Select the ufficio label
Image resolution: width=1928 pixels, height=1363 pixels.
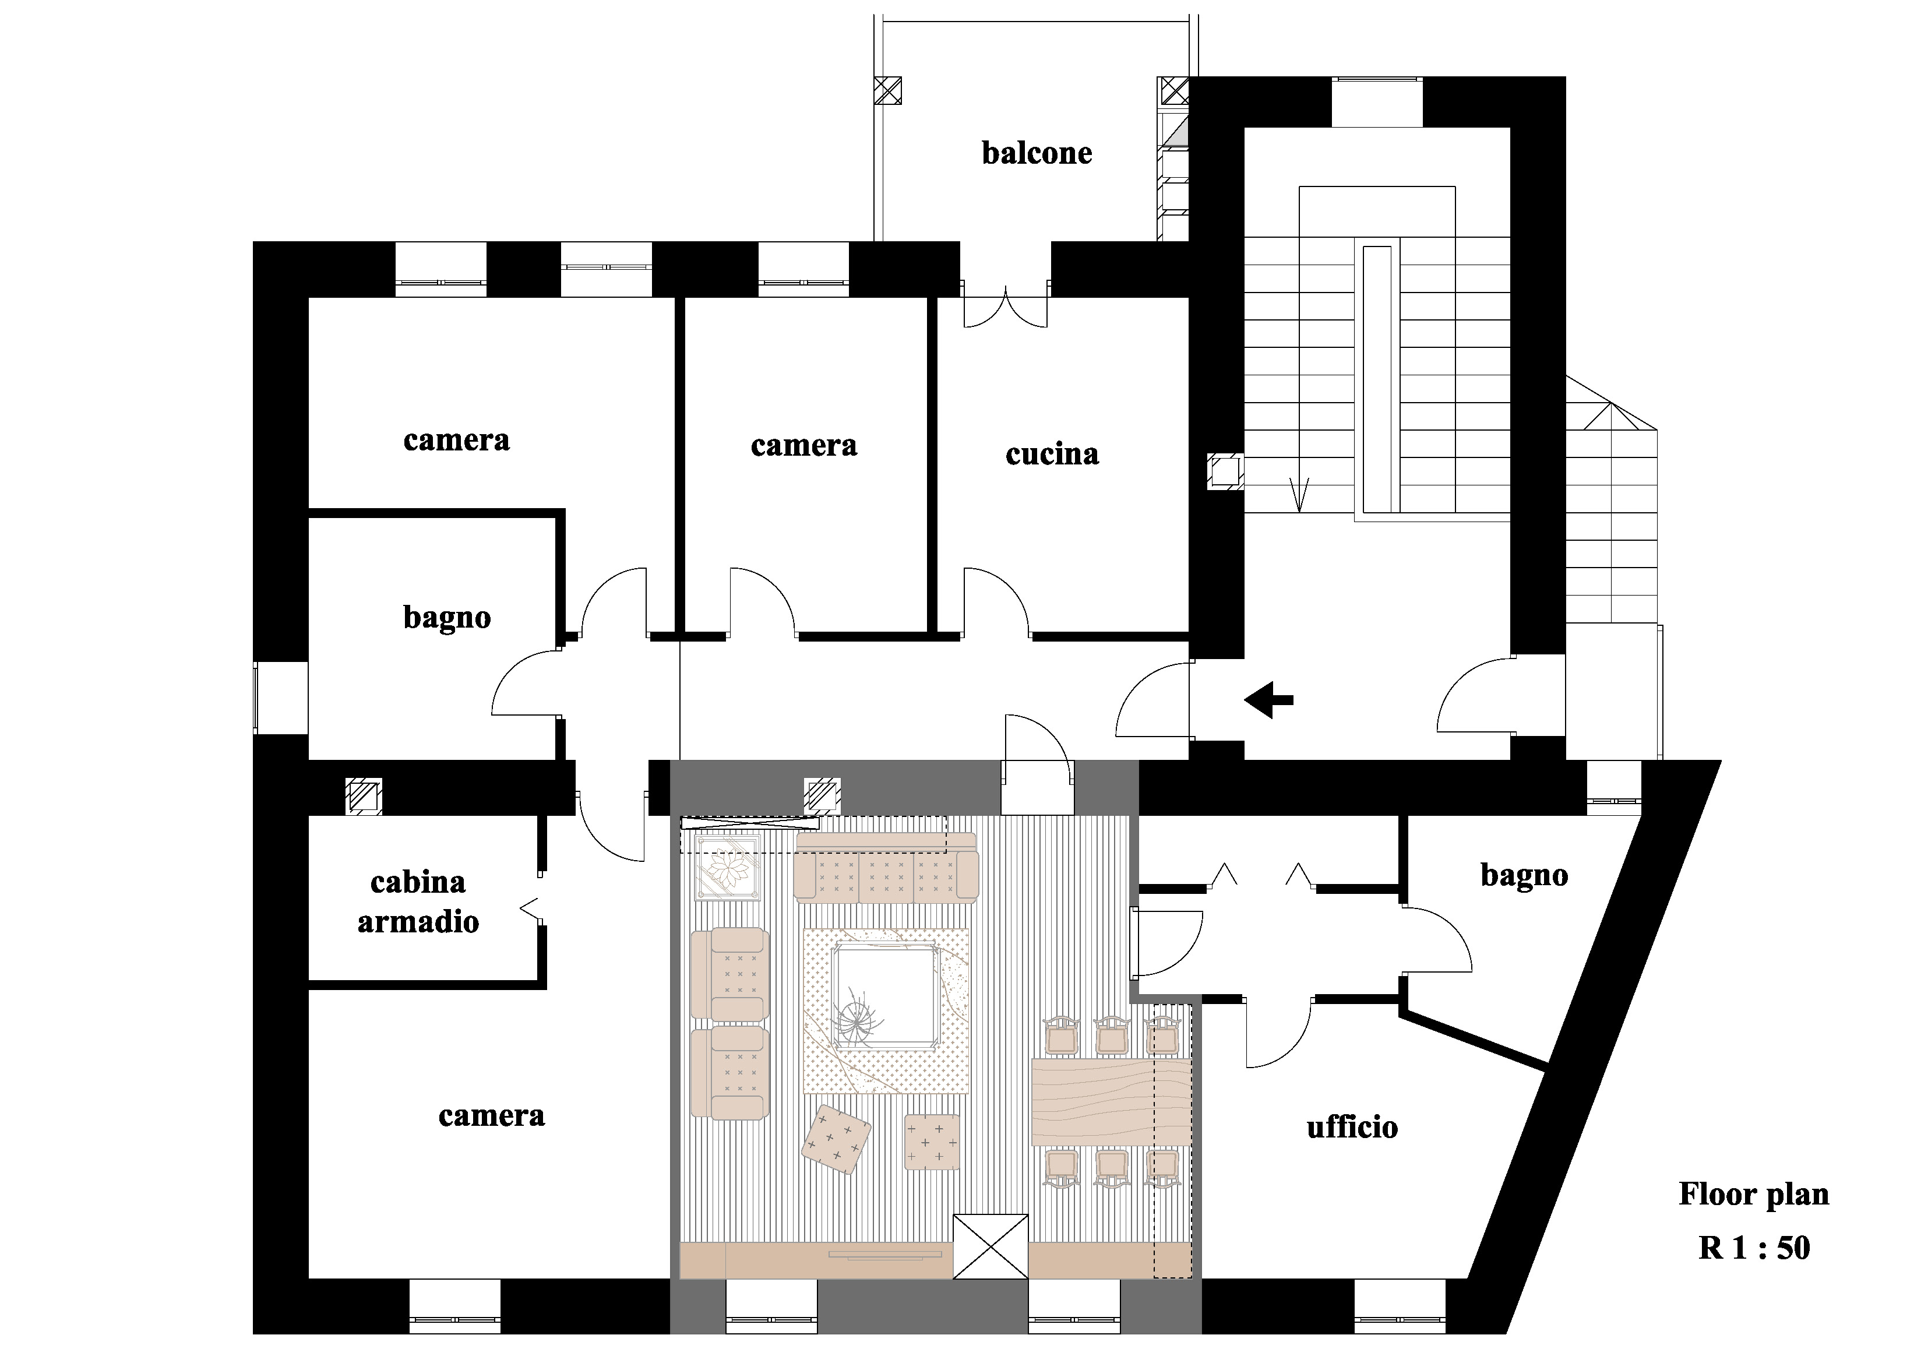click(1352, 1127)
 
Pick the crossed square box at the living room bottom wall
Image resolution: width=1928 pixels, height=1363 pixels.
click(991, 1246)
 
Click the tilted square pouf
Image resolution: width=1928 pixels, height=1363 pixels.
click(836, 1138)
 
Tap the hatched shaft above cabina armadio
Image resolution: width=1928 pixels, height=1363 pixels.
click(363, 796)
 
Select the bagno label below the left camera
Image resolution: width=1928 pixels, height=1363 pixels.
click(447, 618)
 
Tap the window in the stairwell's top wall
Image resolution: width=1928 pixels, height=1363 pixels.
click(1377, 101)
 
